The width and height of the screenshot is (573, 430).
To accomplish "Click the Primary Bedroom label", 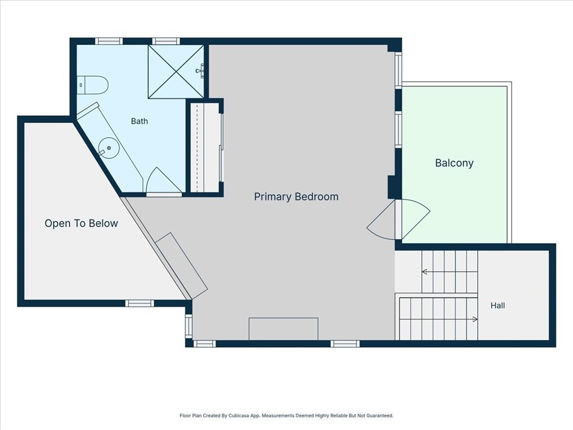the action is [296, 197].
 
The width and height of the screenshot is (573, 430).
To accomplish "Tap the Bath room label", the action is [139, 121].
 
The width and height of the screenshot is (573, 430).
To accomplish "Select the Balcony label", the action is [454, 163].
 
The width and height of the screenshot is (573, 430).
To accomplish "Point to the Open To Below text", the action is [81, 223].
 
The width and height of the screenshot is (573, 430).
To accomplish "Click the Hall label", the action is [497, 305].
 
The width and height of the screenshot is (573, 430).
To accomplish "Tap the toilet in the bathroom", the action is [93, 85].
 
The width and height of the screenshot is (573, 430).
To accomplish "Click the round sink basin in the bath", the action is [109, 148].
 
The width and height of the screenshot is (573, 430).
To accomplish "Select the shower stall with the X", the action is [176, 72].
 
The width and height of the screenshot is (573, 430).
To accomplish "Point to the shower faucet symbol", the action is [200, 70].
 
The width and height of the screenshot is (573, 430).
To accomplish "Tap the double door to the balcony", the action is [398, 219].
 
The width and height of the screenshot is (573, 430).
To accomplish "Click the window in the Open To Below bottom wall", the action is [139, 303].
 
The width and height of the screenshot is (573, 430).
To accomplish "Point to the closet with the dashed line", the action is [204, 147].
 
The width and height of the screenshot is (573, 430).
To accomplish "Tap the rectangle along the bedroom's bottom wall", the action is [283, 329].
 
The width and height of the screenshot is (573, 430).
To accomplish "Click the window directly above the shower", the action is [166, 41].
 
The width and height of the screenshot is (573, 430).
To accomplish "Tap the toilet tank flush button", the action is [81, 85].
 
